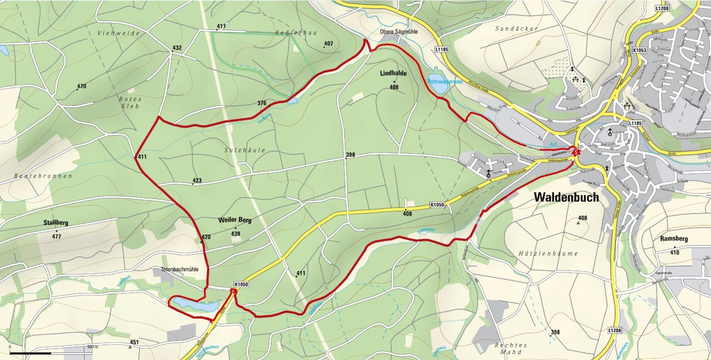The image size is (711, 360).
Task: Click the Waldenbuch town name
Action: [x=566, y=197]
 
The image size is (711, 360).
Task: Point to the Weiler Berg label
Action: [x=235, y=220]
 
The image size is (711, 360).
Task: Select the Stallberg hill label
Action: [x=56, y=223]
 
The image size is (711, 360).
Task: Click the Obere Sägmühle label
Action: [x=398, y=33]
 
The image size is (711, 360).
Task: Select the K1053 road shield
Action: [x=639, y=51]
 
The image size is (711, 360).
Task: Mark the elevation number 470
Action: [x=81, y=86]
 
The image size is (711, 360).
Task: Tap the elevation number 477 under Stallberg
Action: [x=57, y=236]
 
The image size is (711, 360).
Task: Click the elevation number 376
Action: [x=262, y=103]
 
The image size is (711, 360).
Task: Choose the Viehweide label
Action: [x=118, y=34]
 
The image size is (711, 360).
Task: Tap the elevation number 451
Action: [x=134, y=342]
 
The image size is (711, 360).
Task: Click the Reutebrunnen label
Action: [x=43, y=176]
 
